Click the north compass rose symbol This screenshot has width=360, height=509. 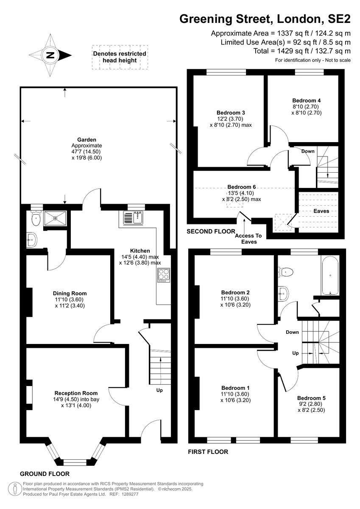50,54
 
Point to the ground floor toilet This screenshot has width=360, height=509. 36,219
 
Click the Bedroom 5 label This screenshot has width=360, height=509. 311,398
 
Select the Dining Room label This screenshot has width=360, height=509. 70,293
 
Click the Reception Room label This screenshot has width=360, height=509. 76,393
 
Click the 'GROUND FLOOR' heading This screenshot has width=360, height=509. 45,474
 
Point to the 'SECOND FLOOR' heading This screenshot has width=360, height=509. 211,232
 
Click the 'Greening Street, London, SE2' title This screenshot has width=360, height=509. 265,19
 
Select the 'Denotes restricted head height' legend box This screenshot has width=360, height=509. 120,57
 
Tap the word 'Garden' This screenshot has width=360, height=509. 87,140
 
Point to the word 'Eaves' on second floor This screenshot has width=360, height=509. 321,211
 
